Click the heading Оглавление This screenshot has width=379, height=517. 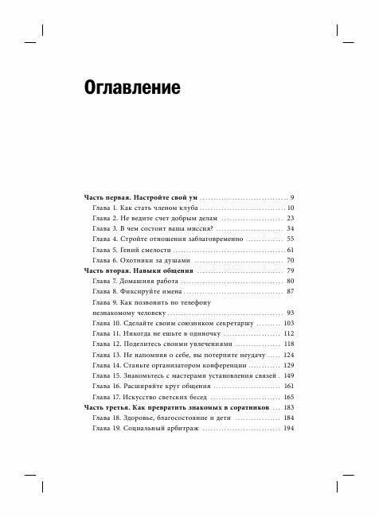pos(131,86)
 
